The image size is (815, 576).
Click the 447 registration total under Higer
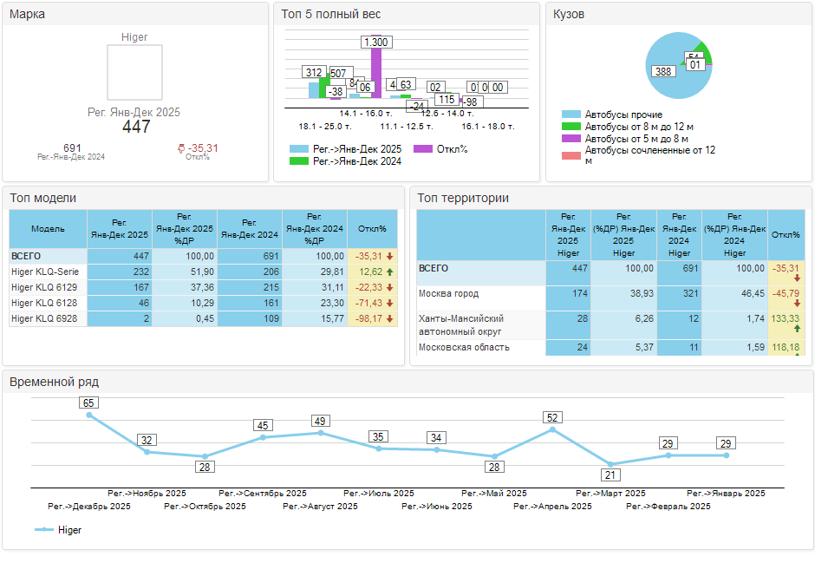(136, 127)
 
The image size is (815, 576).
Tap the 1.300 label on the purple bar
(375, 43)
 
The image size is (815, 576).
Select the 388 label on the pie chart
(664, 71)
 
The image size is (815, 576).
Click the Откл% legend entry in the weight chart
(451, 149)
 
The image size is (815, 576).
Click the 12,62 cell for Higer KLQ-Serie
(370, 272)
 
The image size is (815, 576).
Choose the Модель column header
(48, 229)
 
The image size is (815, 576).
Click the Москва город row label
(448, 294)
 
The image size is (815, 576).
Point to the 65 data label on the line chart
(88, 403)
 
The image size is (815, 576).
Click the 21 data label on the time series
(610, 475)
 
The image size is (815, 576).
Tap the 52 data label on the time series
(552, 417)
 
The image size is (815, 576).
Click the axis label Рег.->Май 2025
(494, 493)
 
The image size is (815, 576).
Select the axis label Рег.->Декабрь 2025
(89, 506)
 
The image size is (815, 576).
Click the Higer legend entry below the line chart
(68, 529)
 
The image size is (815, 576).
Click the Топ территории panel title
(463, 198)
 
